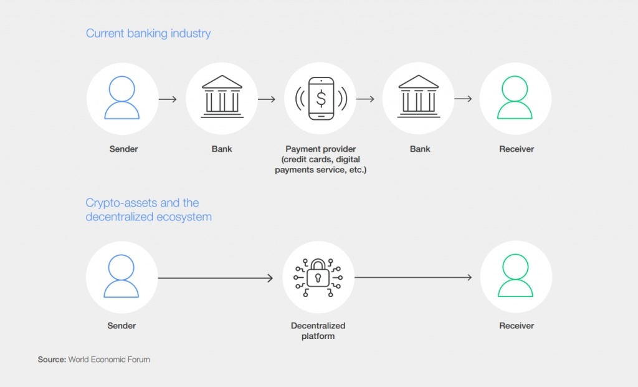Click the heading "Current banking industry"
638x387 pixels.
(148, 34)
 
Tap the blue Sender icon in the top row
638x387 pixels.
(121, 99)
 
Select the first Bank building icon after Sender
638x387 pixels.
(222, 99)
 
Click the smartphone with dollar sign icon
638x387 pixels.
(321, 99)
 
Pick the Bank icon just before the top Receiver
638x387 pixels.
(419, 99)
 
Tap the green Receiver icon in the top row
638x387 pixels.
(515, 99)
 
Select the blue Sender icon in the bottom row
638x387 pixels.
(121, 277)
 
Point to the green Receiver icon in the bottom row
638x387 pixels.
(515, 277)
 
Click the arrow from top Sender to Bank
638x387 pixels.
(168, 99)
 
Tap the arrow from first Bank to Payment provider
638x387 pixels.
(267, 99)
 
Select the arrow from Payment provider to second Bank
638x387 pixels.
(365, 99)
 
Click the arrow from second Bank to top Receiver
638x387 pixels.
(463, 99)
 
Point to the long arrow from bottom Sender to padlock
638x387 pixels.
(215, 278)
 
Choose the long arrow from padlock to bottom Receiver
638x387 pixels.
(413, 278)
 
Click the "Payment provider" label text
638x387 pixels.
(320, 149)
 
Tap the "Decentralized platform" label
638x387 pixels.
(318, 331)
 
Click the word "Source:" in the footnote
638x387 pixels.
(52, 360)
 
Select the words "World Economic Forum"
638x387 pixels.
(109, 360)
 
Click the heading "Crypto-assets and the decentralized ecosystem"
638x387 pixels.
(148, 210)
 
